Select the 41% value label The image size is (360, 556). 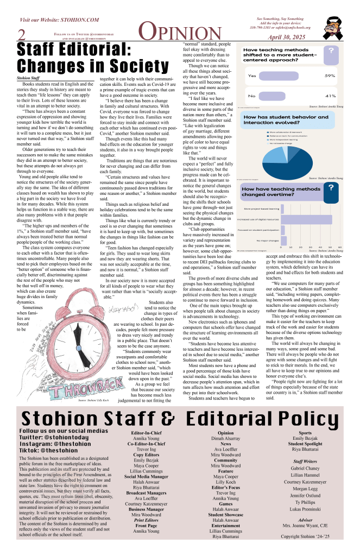pyautogui.click(x=330, y=96)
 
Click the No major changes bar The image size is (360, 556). pyautogui.click(x=283, y=239)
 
